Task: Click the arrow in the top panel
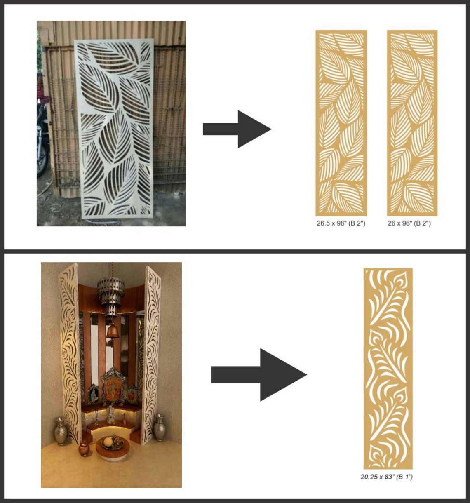[x=237, y=129]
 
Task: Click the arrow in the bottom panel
[x=259, y=374]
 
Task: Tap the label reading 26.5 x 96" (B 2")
[x=341, y=223]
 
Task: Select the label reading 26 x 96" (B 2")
[x=409, y=223]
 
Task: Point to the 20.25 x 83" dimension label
[x=387, y=477]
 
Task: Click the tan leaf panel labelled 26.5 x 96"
[x=341, y=123]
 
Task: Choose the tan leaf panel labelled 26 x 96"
[x=412, y=123]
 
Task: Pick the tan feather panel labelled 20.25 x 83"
[x=388, y=369]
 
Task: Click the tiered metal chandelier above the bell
[x=110, y=295]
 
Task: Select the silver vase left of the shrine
[x=61, y=431]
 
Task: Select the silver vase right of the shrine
[x=160, y=428]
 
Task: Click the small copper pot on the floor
[x=84, y=448]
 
